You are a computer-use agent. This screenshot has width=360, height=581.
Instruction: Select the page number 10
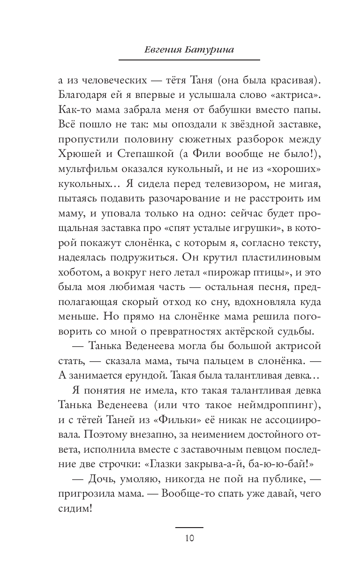(189, 537)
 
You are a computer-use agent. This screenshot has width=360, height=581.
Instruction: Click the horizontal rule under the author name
(189, 60)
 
